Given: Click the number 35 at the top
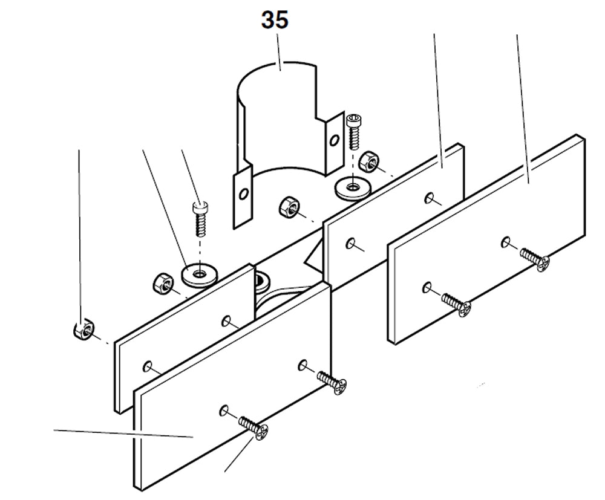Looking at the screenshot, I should pyautogui.click(x=275, y=19).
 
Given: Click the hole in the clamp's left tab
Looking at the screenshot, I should pyautogui.click(x=243, y=195).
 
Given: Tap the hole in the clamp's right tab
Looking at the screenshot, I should pyautogui.click(x=332, y=140).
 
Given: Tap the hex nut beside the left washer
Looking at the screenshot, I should pyautogui.click(x=161, y=282).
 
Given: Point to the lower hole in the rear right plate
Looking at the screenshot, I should pyautogui.click(x=350, y=243).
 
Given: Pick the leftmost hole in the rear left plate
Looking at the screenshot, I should pyautogui.click(x=148, y=365).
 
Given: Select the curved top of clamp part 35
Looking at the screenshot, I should pyautogui.click(x=278, y=76).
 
